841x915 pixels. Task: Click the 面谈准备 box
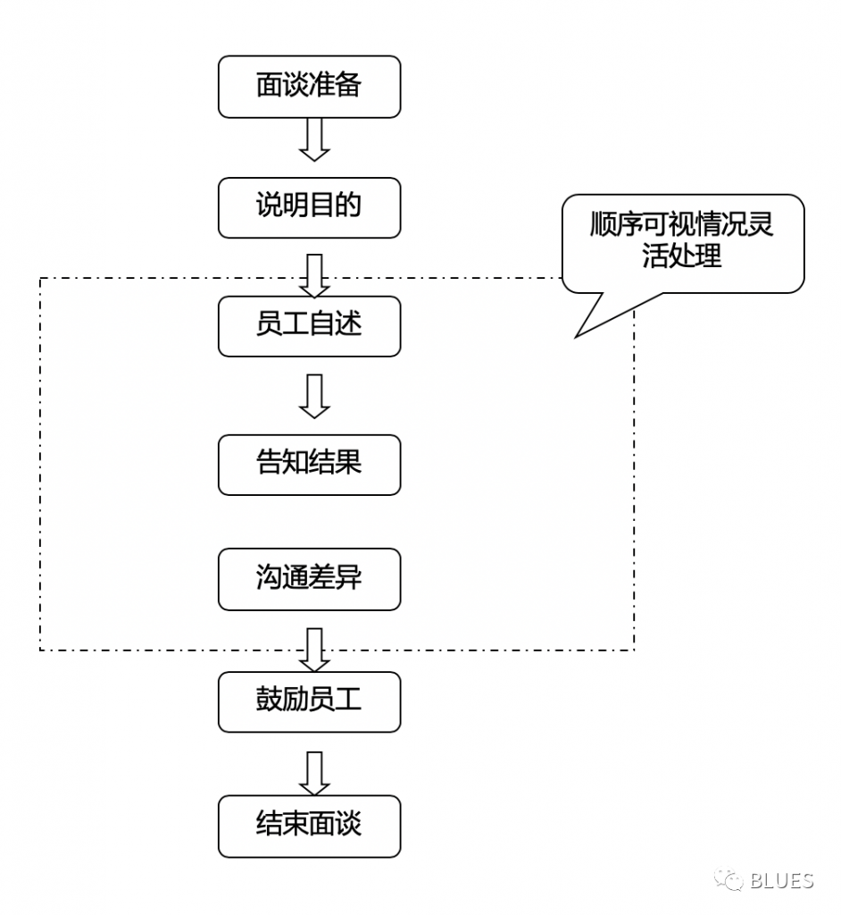pyautogui.click(x=309, y=87)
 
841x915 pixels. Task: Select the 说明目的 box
pyautogui.click(x=309, y=207)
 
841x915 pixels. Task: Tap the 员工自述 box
pyautogui.click(x=309, y=325)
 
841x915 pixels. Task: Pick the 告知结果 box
pyautogui.click(x=309, y=464)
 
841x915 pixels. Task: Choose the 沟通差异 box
pyautogui.click(x=309, y=579)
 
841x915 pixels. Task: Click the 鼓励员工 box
pyautogui.click(x=309, y=701)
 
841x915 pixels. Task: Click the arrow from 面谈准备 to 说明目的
pyautogui.click(x=313, y=139)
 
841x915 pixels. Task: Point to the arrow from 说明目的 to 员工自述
pyautogui.click(x=313, y=275)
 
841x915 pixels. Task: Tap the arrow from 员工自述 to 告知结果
pyautogui.click(x=313, y=396)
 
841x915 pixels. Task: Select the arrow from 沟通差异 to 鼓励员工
pyautogui.click(x=313, y=650)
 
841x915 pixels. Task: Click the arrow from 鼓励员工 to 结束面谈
pyautogui.click(x=313, y=773)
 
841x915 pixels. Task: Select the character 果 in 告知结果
pyautogui.click(x=349, y=464)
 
